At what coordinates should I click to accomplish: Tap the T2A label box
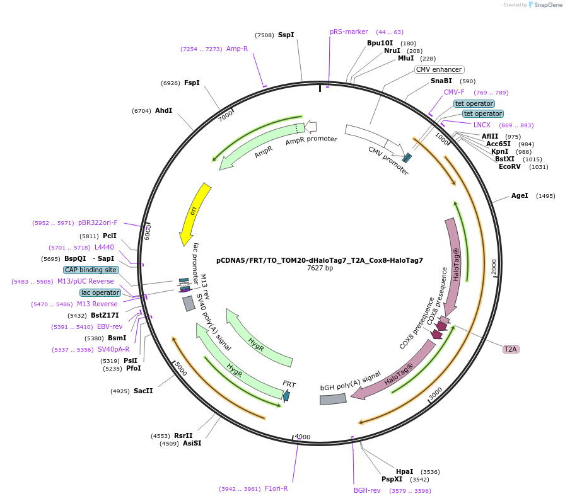coord(510,349)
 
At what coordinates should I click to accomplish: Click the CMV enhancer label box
coord(440,69)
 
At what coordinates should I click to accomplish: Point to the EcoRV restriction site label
coord(510,166)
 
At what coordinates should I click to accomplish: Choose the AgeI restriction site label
coord(520,196)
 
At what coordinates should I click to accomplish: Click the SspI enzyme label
coord(286,35)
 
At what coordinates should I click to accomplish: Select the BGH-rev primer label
coord(367,490)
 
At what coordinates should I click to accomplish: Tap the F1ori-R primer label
coord(276,488)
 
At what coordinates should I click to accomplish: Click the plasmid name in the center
coord(319,260)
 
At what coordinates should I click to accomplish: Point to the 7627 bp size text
coord(320,268)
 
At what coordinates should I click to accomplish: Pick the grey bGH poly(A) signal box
coord(333,399)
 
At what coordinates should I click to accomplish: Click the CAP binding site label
coord(91,270)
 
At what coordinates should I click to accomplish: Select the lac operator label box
coord(100,292)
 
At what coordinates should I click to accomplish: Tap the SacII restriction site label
coord(143,391)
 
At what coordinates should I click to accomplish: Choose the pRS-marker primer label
coord(349,32)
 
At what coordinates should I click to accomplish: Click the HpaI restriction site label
coord(405,471)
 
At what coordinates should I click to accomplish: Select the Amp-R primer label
coord(237,49)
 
